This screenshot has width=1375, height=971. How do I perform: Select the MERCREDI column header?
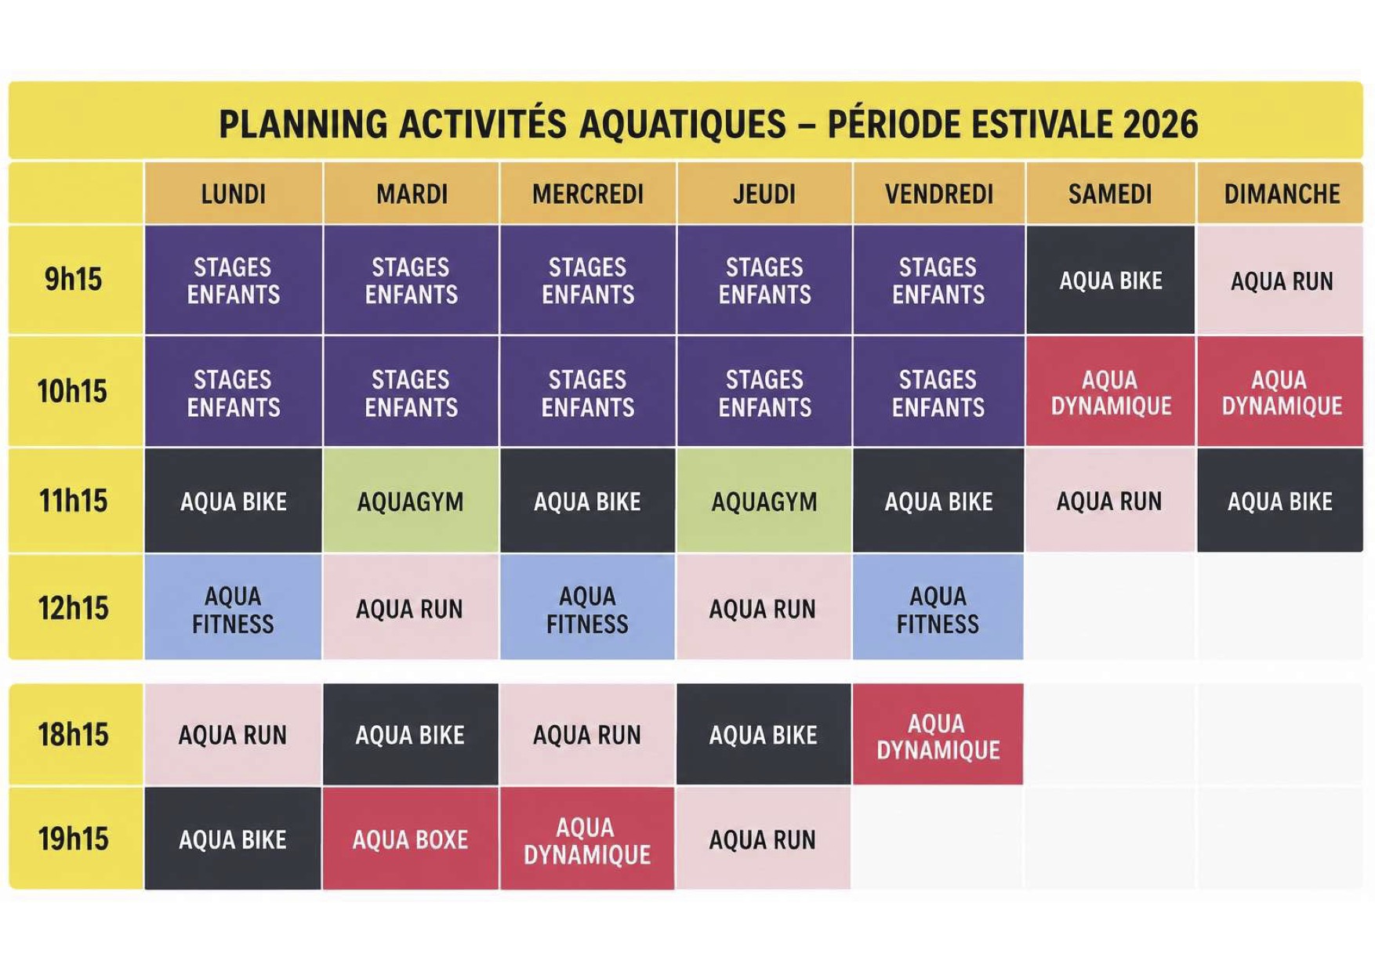pos(588,194)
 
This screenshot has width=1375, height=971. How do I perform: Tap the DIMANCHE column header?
pos(1281,194)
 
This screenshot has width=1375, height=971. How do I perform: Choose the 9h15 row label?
pos(74,279)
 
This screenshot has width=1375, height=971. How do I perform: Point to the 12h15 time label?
pos(74,608)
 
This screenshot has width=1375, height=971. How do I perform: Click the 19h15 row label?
pos(74,839)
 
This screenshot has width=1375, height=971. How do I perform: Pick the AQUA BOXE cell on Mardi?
pos(411,839)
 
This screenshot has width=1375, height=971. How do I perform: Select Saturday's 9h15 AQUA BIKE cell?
pos(1111,280)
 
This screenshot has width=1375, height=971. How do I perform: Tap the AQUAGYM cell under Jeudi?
pos(764,501)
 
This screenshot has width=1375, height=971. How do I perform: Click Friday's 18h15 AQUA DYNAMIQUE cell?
pos(938,734)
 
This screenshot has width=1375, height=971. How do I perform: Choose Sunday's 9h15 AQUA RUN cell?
pos(1281,280)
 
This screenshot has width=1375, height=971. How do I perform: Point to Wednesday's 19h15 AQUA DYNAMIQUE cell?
pos(587,839)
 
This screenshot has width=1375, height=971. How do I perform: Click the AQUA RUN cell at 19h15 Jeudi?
pos(764,839)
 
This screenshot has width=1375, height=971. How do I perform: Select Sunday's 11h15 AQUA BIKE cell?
pos(1281,501)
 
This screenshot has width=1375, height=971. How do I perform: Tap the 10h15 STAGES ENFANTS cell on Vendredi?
pos(938,392)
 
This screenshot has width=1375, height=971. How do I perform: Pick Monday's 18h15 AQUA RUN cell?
pos(234,734)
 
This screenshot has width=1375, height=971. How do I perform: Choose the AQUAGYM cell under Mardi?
pos(411,501)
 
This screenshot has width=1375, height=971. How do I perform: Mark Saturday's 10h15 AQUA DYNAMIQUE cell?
pos(1111,392)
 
